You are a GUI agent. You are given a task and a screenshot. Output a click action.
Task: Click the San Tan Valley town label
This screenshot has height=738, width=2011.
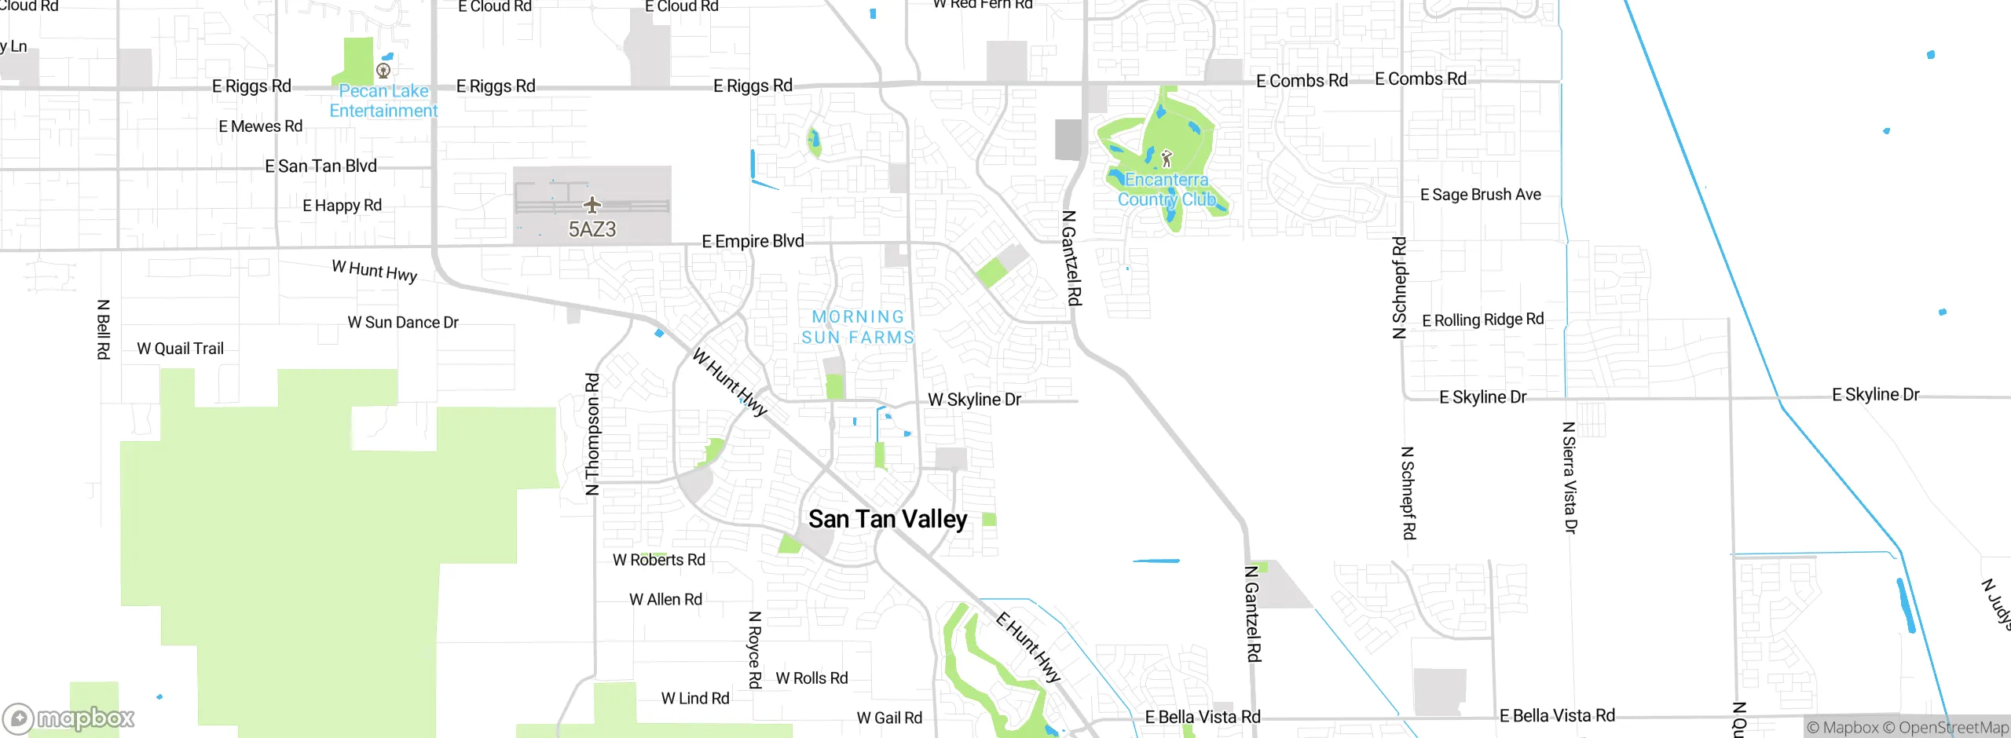[888, 519]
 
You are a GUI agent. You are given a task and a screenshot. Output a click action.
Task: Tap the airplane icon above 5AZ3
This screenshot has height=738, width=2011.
[592, 205]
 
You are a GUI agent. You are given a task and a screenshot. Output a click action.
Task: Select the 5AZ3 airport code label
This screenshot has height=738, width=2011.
[592, 229]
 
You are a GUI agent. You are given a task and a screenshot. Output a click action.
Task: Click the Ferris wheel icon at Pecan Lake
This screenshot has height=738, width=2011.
[383, 71]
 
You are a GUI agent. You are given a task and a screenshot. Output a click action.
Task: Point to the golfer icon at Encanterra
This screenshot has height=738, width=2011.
[1167, 159]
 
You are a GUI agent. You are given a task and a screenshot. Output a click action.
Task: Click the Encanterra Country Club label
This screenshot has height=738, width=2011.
[1167, 190]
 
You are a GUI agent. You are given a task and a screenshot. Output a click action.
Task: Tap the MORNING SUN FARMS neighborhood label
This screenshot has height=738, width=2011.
[858, 327]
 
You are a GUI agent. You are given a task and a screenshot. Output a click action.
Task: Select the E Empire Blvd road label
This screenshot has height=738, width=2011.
[753, 241]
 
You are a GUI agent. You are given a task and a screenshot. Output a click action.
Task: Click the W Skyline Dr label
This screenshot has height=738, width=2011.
[974, 400]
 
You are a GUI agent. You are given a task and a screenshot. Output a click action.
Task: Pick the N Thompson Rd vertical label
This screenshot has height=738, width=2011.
[592, 433]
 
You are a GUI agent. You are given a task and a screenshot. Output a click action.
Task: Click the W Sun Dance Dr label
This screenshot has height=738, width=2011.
[403, 323]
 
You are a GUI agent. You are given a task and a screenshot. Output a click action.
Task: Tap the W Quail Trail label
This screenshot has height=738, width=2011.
[180, 349]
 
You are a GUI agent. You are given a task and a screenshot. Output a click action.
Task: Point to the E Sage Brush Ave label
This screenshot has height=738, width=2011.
[1480, 195]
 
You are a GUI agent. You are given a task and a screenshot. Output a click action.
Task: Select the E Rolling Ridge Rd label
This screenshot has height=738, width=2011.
[1482, 320]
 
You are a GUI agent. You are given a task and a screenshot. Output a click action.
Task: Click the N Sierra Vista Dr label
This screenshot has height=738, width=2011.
[1570, 477]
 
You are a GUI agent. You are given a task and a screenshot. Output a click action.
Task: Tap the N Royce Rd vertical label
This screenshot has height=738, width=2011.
[755, 649]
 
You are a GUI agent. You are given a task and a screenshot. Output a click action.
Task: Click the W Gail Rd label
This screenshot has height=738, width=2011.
[889, 718]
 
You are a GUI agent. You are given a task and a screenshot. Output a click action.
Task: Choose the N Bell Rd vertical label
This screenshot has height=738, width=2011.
[103, 329]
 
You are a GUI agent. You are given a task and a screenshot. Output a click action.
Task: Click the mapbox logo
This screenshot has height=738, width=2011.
[69, 718]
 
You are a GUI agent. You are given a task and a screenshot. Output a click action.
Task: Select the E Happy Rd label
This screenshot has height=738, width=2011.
[342, 206]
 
